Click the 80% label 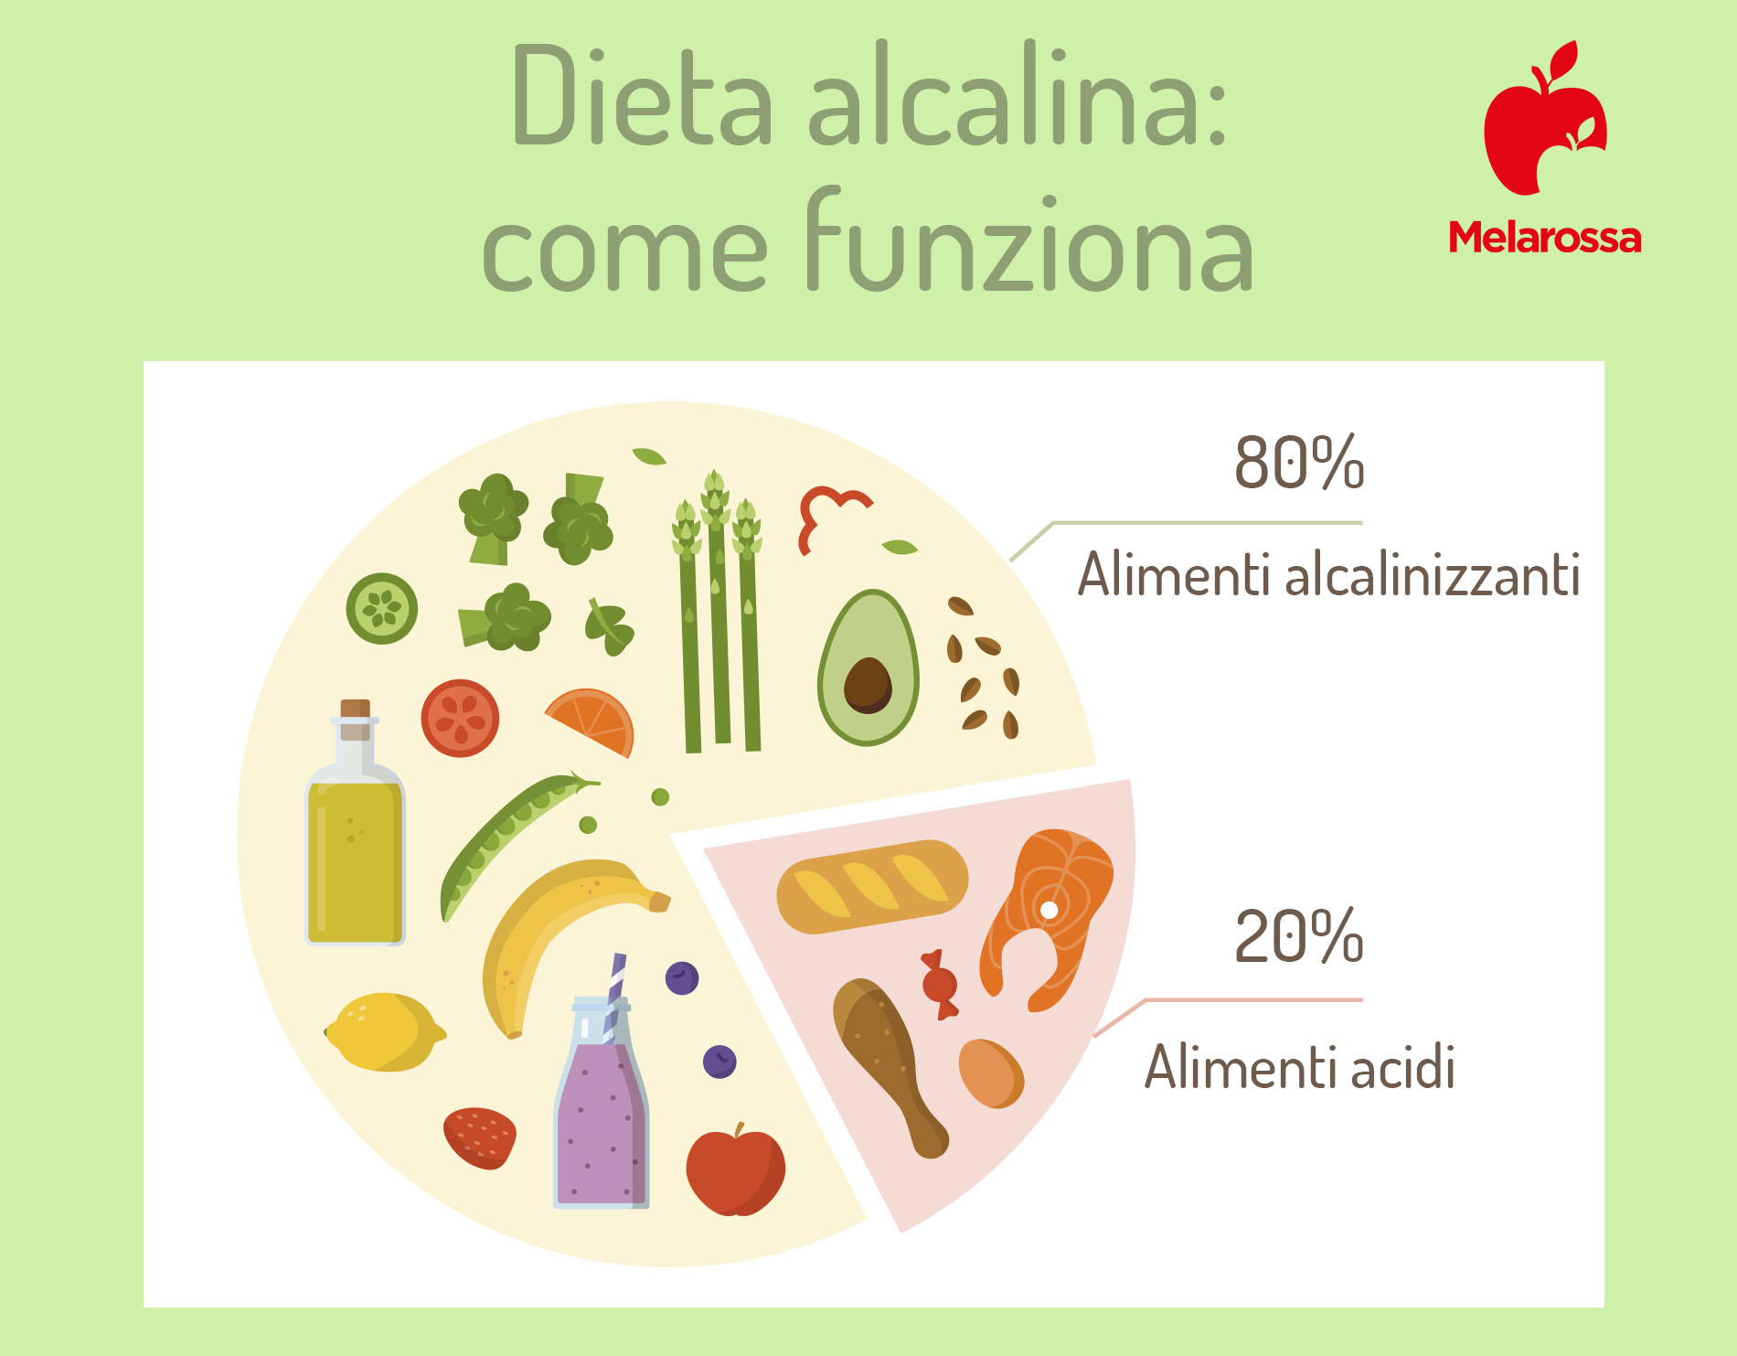click(x=1299, y=462)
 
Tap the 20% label click(x=1299, y=936)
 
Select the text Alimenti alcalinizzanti click(x=1329, y=575)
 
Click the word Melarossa click(x=1545, y=238)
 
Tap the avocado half click(x=868, y=667)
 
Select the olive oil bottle click(x=355, y=823)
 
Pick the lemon click(x=384, y=1031)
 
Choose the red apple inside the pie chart click(x=735, y=1171)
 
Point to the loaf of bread click(x=871, y=886)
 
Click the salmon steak click(x=1046, y=914)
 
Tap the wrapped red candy click(x=940, y=984)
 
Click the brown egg click(x=991, y=1073)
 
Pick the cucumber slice click(x=382, y=608)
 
